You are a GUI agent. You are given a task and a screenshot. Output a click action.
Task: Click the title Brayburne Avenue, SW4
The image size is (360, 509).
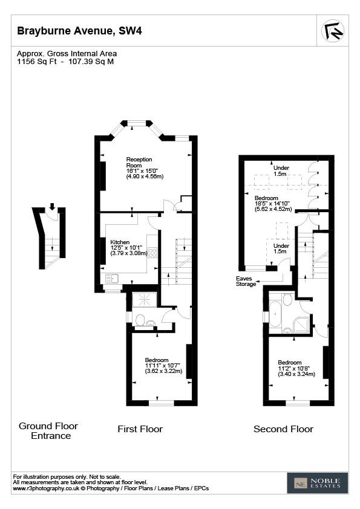pos(79,31)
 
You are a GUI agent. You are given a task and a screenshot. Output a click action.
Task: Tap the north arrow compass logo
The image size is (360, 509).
pos(333,31)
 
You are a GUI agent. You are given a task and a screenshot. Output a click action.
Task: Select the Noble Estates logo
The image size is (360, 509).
pos(317,483)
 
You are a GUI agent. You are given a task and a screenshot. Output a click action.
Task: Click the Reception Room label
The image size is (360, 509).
pos(139,162)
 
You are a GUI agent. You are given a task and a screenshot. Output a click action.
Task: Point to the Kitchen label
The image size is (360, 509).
pos(120,242)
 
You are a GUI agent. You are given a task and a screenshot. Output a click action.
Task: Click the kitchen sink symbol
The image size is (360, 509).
pos(112,278)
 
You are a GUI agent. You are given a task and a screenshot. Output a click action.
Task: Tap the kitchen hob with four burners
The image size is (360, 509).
pos(152,253)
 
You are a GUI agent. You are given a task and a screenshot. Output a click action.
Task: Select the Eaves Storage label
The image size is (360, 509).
pos(246,281)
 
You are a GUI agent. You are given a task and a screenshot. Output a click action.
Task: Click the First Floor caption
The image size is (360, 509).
pos(140,429)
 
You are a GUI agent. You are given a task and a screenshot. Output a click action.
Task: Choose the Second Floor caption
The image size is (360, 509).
pos(283,429)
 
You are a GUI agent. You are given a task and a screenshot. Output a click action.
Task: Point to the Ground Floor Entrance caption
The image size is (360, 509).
pos(49,431)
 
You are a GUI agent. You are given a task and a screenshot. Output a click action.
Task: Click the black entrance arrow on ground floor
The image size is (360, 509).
pos(52,207)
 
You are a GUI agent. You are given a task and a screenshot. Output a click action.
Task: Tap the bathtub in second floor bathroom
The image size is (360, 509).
pos(275,314)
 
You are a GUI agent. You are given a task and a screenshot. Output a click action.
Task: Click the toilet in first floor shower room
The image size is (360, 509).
pos(140,320)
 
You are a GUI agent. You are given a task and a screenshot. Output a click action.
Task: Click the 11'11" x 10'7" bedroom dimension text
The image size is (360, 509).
pos(163,366)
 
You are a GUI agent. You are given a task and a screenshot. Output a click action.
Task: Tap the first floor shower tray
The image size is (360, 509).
pos(145,300)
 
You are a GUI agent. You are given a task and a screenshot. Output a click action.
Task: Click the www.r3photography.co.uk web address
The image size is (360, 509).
pos(46,488)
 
